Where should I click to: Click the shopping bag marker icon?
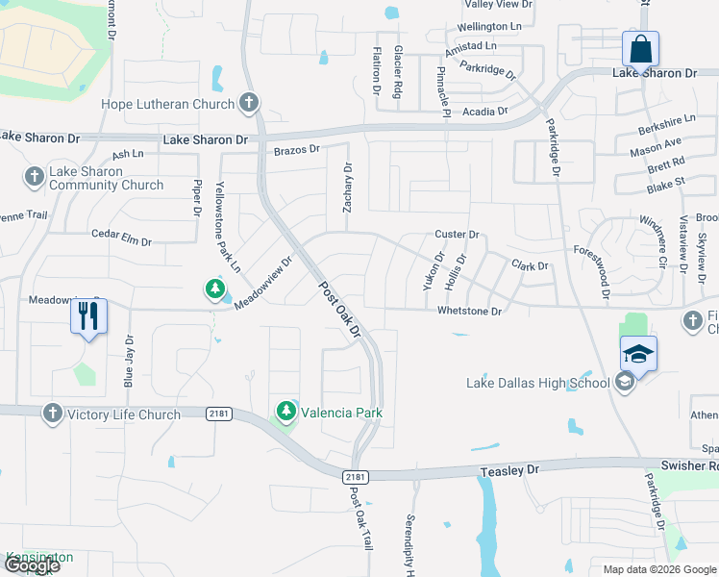point(640,48)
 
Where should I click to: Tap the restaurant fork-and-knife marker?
point(87,315)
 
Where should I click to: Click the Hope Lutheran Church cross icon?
point(249,103)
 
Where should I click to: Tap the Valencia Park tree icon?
point(285,412)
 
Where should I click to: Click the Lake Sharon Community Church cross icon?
point(34,177)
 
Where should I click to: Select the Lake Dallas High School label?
point(537,383)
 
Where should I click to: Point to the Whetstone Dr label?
point(470,312)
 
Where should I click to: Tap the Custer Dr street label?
point(457,234)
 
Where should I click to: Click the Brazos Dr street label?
point(296,150)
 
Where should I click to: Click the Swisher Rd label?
point(689,465)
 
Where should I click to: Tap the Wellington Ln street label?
point(495,26)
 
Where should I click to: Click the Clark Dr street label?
point(530,265)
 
